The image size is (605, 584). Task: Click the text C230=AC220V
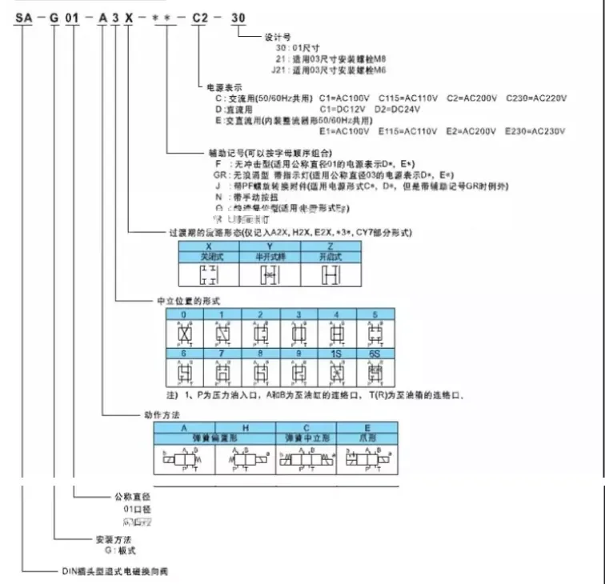[x=535, y=97]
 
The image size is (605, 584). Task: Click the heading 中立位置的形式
[x=188, y=302]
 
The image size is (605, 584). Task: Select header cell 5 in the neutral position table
[x=374, y=314]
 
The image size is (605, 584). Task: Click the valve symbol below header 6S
[x=374, y=372]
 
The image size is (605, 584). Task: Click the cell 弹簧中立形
[x=307, y=438]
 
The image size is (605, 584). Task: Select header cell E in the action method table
[x=369, y=428]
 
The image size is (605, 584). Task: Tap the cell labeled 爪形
[x=369, y=438]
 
